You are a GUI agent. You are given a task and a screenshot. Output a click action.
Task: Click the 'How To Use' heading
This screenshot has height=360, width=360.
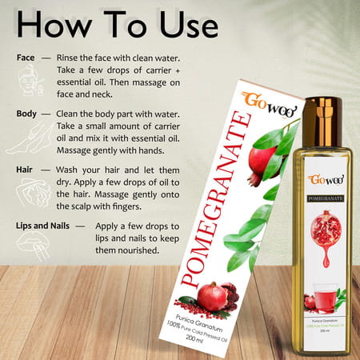(117, 25)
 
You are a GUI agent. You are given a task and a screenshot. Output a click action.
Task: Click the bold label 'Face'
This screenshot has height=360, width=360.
(25, 58)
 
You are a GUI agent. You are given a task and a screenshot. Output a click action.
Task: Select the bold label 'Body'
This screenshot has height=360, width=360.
(26, 114)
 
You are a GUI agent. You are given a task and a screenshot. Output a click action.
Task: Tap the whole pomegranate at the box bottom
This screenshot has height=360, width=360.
(212, 296)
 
